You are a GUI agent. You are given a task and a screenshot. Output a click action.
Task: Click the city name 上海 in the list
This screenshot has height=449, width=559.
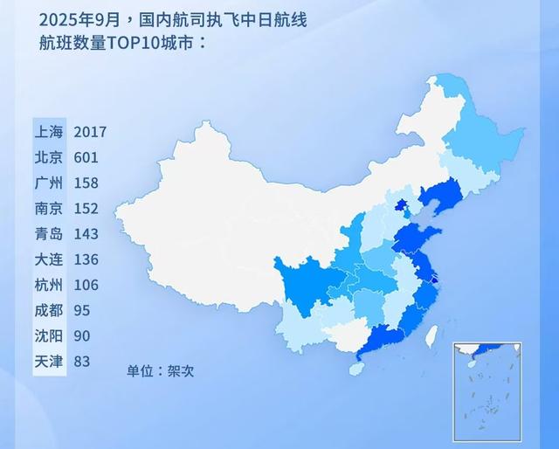tap(48, 132)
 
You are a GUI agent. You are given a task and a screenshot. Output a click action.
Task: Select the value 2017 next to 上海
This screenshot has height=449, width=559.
tap(90, 132)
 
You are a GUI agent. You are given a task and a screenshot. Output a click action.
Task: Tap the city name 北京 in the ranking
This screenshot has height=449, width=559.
tap(48, 157)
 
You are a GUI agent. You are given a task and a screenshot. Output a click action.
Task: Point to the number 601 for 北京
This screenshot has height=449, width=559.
tap(86, 157)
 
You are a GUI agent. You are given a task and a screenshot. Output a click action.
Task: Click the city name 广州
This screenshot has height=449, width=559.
tap(48, 183)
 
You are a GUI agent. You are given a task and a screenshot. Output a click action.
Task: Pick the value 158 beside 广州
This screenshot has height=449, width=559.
tap(86, 183)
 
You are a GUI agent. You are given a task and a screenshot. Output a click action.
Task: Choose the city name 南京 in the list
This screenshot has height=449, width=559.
tap(48, 209)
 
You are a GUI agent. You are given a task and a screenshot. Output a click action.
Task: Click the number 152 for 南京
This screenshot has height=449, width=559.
tap(86, 209)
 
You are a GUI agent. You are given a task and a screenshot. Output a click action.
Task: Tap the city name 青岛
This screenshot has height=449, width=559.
tap(48, 234)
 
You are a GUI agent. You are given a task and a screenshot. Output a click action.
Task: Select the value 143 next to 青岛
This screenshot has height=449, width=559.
tap(86, 234)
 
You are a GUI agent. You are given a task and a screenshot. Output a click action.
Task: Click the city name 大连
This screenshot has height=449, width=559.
tap(48, 259)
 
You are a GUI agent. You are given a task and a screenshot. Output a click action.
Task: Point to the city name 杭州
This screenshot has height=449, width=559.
tap(48, 285)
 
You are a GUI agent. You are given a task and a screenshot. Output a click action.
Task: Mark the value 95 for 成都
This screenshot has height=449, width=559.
tap(83, 310)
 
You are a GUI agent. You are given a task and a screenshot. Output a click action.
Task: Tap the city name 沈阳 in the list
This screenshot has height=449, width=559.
tap(48, 335)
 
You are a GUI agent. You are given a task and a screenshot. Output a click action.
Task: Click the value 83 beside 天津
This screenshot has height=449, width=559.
tap(83, 361)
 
